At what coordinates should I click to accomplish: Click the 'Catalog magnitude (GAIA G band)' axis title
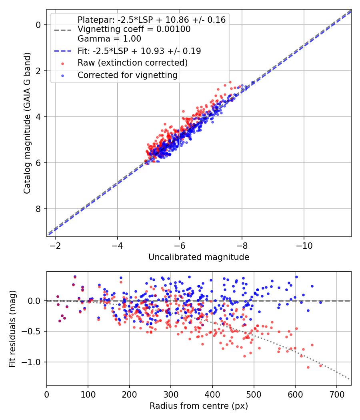pos(27,123)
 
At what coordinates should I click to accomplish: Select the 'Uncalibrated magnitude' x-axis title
pos(199,257)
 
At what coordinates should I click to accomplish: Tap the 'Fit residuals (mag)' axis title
pos(12,329)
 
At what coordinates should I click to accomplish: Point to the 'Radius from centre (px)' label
pos(199,406)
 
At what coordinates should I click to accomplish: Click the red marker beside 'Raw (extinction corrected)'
pos(63,64)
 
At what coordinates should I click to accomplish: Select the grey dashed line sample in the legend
pos(63,30)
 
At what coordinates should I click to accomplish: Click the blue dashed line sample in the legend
pos(63,51)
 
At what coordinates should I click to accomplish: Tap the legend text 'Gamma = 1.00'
pos(109,39)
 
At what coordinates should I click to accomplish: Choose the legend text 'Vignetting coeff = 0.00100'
pos(134,29)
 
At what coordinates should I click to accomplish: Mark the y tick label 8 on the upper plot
pos(38,209)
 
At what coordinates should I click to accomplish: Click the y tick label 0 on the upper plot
pos(38,25)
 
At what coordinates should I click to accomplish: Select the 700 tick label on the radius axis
pos(336,394)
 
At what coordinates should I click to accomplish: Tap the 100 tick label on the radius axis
pos(88,394)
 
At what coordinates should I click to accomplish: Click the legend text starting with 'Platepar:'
pos(152,20)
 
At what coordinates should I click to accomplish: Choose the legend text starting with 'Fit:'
pos(139,51)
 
